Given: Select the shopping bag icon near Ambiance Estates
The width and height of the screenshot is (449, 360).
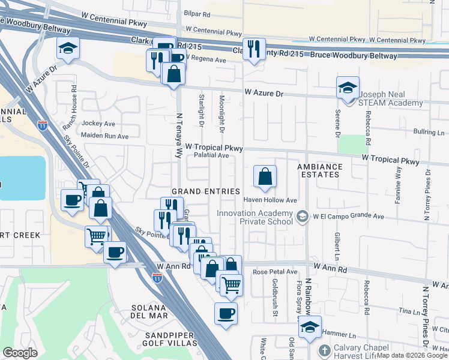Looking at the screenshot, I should click(x=265, y=176).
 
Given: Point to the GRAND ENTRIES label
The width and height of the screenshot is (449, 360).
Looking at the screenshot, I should click(x=202, y=191).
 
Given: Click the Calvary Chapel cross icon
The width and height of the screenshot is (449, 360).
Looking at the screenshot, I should click(x=324, y=350).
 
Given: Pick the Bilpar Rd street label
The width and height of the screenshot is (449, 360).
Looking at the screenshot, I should click(x=197, y=13).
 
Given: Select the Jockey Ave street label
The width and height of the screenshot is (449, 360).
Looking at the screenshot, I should click(x=98, y=124).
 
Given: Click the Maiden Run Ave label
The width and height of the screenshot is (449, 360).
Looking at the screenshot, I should click(x=106, y=136).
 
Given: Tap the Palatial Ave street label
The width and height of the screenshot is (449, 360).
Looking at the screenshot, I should click(x=211, y=155).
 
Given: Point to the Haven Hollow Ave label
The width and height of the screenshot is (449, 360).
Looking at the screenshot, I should click(x=270, y=200).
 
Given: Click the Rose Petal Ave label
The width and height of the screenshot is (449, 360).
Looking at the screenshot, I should click(x=275, y=272).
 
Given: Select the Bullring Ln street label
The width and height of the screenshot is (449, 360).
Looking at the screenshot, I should click(x=429, y=132).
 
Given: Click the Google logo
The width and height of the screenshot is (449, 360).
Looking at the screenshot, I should click(x=20, y=353).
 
